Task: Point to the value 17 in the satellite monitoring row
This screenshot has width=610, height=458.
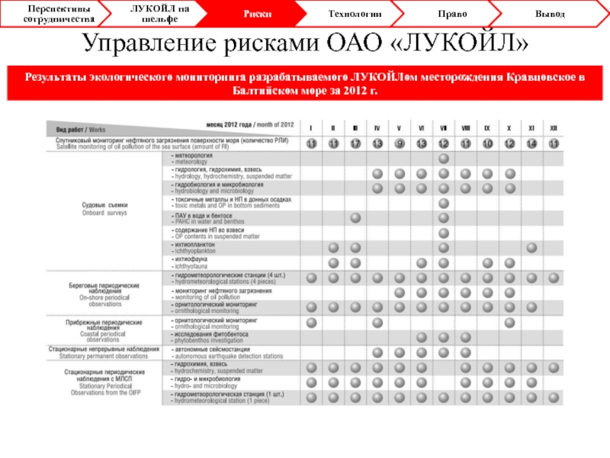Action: pyautogui.click(x=355, y=144)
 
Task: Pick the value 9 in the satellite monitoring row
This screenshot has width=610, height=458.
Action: pyautogui.click(x=400, y=144)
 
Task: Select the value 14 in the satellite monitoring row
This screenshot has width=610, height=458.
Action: pyautogui.click(x=532, y=144)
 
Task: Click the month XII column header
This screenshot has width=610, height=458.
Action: pyautogui.click(x=554, y=127)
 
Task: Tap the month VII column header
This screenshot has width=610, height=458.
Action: pyautogui.click(x=444, y=127)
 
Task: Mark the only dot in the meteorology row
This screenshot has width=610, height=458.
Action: pyautogui.click(x=444, y=158)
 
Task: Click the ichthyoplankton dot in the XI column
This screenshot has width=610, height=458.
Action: pyautogui.click(x=532, y=248)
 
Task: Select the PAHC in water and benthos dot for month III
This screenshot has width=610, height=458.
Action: pyautogui.click(x=355, y=218)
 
